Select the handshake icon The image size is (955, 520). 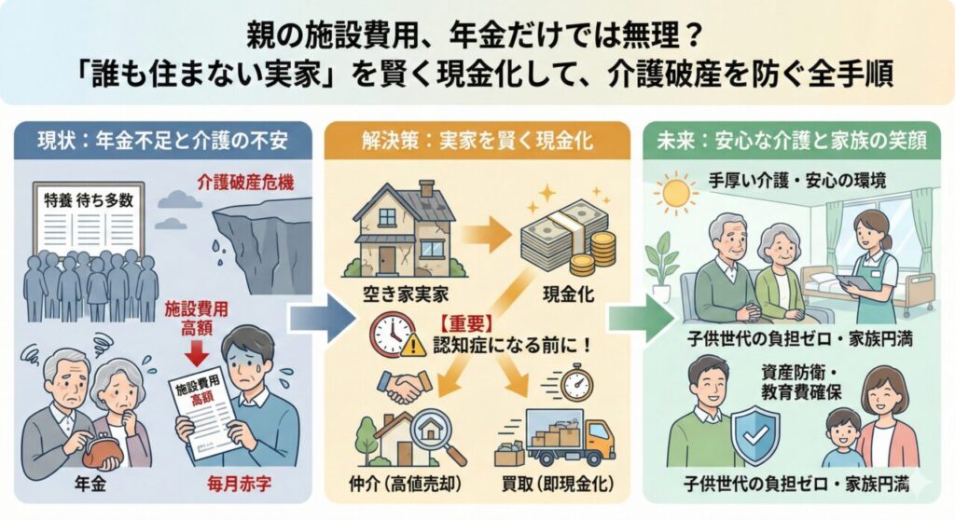405,385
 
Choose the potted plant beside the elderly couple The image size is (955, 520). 665,266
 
